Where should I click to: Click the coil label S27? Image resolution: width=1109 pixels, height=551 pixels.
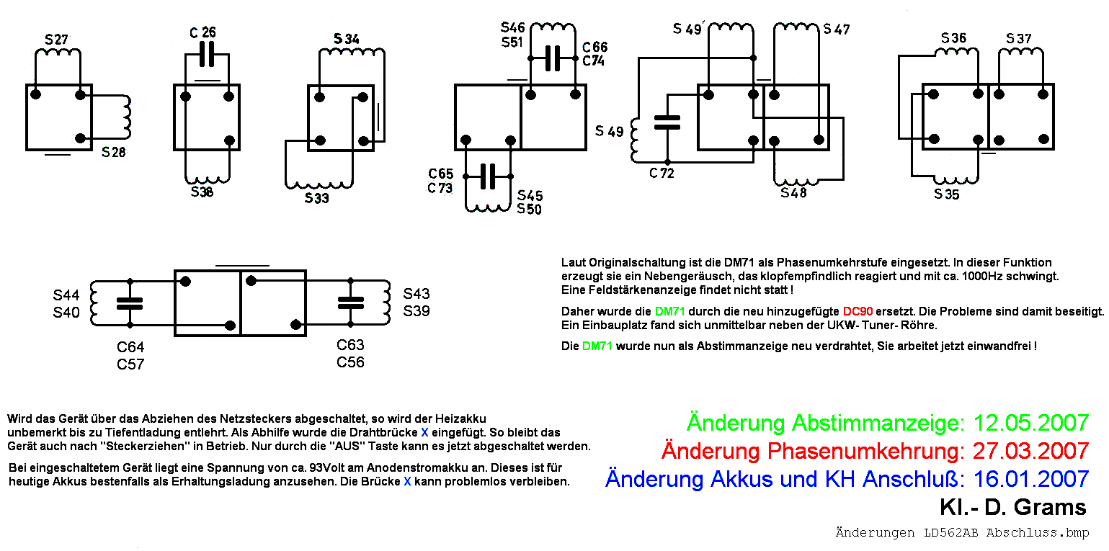click(56, 39)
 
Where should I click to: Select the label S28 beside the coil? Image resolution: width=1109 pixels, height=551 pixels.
click(113, 152)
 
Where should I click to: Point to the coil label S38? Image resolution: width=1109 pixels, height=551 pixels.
click(202, 192)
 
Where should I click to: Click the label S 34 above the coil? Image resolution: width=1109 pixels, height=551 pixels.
click(347, 38)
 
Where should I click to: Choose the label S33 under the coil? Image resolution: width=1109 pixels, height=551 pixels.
click(316, 197)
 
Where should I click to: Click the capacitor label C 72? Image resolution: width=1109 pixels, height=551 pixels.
click(662, 173)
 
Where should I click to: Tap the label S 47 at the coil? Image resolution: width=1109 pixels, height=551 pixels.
click(837, 30)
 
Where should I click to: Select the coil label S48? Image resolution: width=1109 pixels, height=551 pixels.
click(793, 193)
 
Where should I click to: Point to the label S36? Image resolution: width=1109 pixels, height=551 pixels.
click(954, 37)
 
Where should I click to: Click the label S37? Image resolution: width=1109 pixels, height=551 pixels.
click(1018, 37)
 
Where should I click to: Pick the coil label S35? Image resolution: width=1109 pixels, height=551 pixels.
click(947, 194)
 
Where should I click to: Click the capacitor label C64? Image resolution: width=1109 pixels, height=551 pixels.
click(130, 348)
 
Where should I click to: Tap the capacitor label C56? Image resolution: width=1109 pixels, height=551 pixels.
click(350, 362)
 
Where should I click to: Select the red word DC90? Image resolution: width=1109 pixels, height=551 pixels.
click(858, 312)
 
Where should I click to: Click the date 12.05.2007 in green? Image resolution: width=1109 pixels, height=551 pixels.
click(1030, 423)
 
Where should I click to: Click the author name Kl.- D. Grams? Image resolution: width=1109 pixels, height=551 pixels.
click(1012, 507)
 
